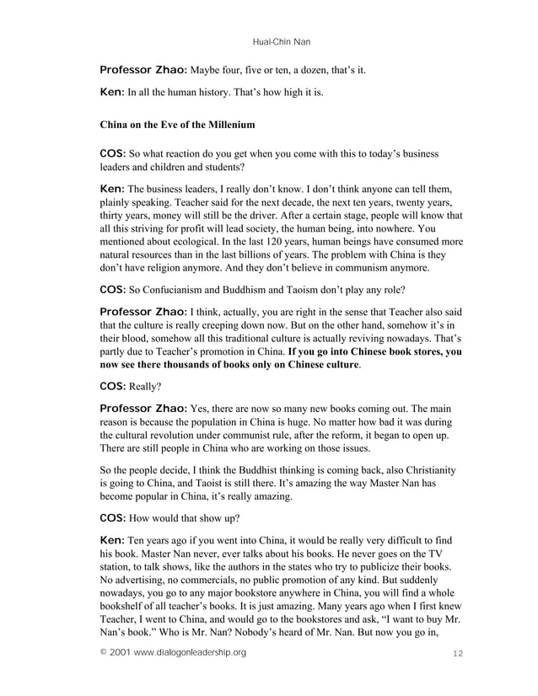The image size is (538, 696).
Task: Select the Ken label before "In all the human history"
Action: click(x=112, y=91)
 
